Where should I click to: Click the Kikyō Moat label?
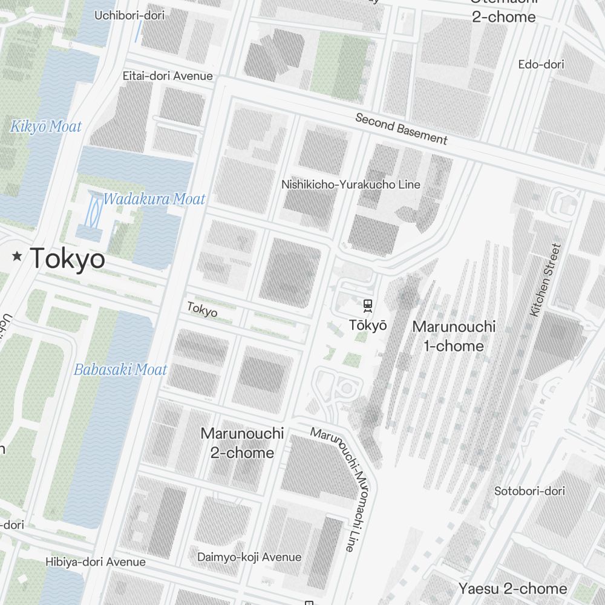pyautogui.click(x=46, y=127)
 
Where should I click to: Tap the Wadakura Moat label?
pyautogui.click(x=154, y=199)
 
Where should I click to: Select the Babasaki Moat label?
pyautogui.click(x=120, y=370)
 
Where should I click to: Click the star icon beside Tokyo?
pyautogui.click(x=17, y=257)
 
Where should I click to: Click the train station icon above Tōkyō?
pyautogui.click(x=367, y=306)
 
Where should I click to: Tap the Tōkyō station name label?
pyautogui.click(x=367, y=325)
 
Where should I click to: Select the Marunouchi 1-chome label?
pyautogui.click(x=453, y=336)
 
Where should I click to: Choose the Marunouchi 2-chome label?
pyautogui.click(x=242, y=443)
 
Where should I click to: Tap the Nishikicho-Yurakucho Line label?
pyautogui.click(x=351, y=185)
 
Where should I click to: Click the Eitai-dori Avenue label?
pyautogui.click(x=168, y=76)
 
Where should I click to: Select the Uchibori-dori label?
pyautogui.click(x=129, y=15)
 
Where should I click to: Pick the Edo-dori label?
pyautogui.click(x=541, y=64)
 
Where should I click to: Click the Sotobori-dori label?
pyautogui.click(x=529, y=491)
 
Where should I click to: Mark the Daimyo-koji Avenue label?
pyautogui.click(x=249, y=557)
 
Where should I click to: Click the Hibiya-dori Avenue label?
pyautogui.click(x=96, y=562)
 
